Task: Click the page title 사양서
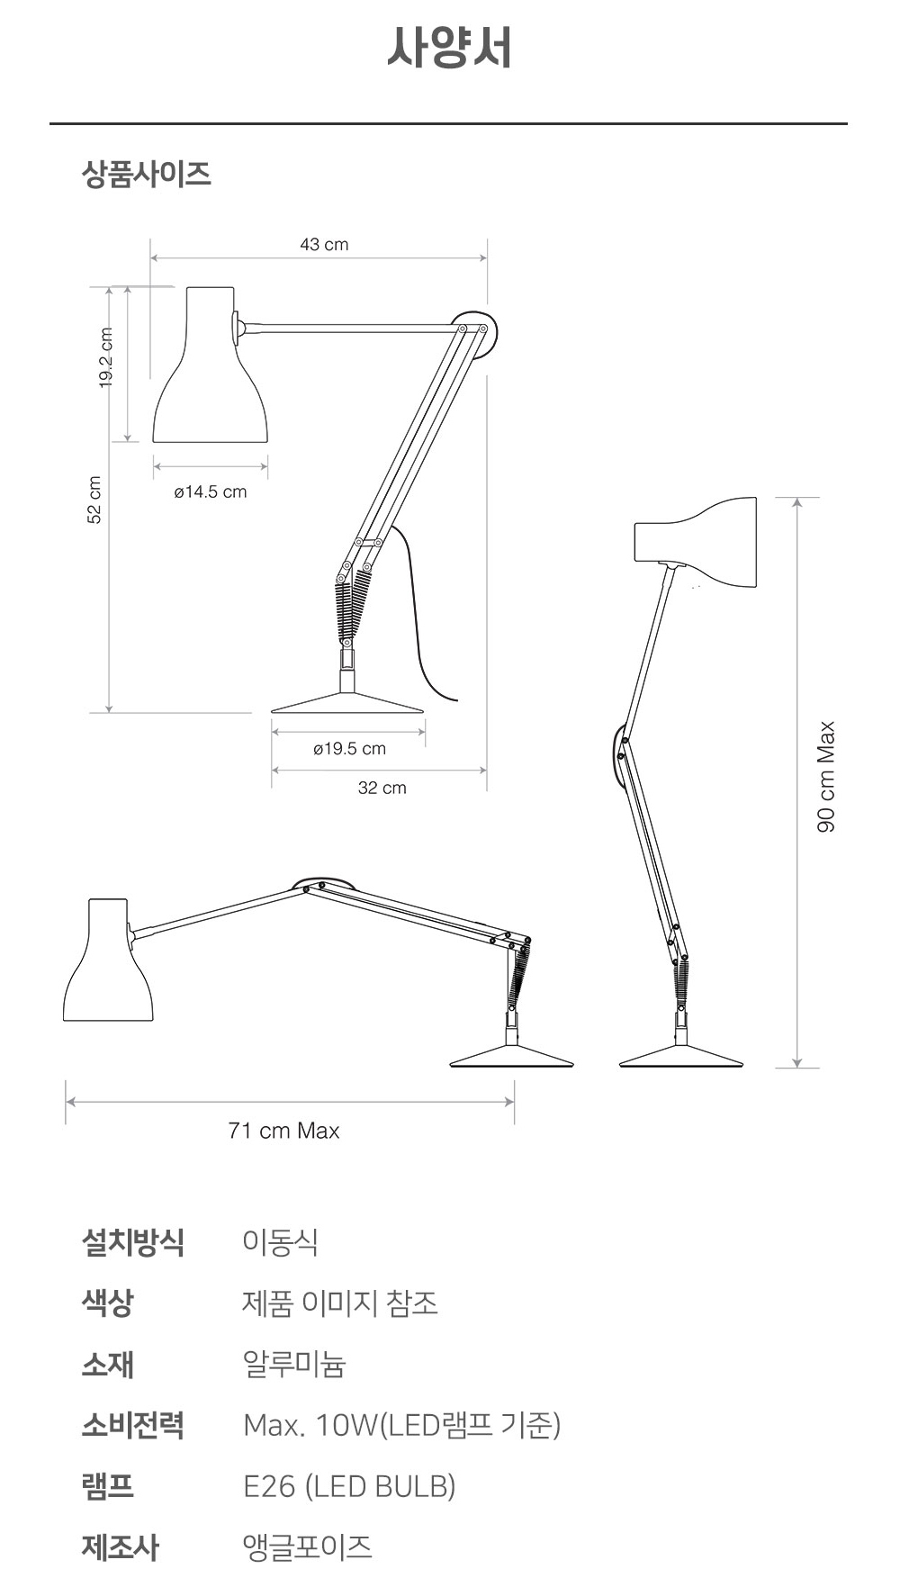[x=449, y=47]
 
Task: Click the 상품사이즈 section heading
[x=147, y=174]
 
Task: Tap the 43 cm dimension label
[x=324, y=244]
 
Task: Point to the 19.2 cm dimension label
[x=106, y=357]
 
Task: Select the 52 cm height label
[x=94, y=500]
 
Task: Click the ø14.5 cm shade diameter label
[x=211, y=491]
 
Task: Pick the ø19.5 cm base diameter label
[x=349, y=748]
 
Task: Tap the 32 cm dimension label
[x=382, y=788]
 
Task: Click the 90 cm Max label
[x=826, y=777]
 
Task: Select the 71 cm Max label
[x=284, y=1131]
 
